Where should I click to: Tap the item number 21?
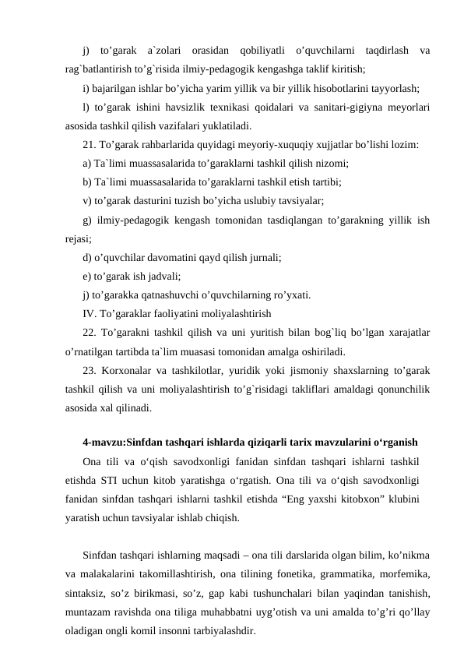[88, 144]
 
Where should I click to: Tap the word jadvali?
[163, 276]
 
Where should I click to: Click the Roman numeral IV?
[89, 314]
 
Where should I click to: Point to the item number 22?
[88, 333]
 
